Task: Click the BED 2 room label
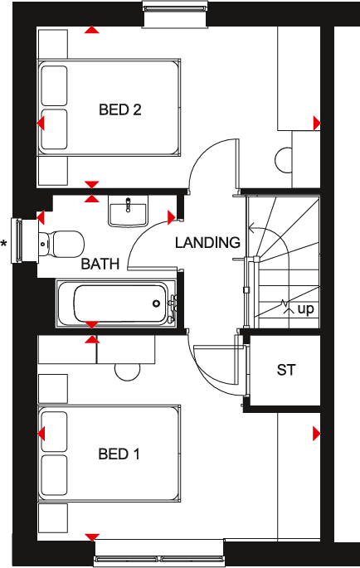119,109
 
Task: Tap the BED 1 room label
119,454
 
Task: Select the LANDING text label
207,243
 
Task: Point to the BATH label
100,265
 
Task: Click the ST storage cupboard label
285,371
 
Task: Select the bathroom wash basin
128,211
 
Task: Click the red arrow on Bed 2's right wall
316,124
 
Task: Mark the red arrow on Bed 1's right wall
316,434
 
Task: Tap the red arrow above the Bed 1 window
92,537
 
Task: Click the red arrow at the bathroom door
172,218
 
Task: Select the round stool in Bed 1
128,370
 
